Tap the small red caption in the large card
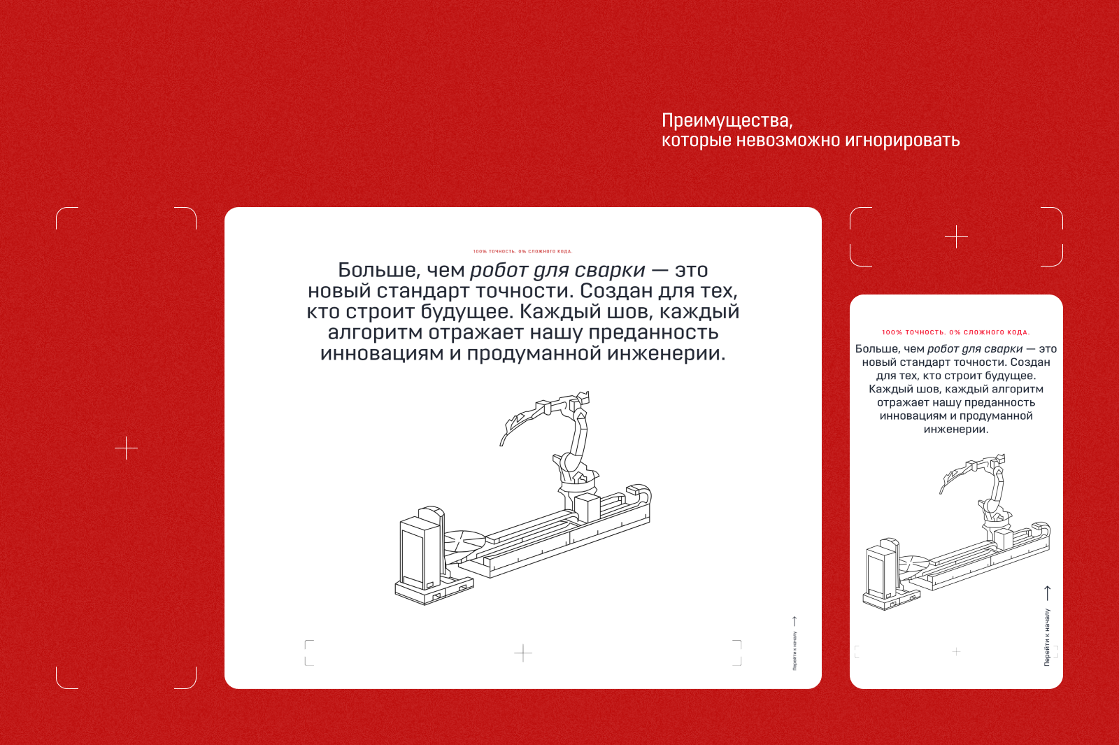(x=522, y=251)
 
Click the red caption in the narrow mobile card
(x=955, y=332)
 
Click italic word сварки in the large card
(x=610, y=270)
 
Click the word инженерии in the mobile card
(x=955, y=430)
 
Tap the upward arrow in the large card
(x=794, y=621)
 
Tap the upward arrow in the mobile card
(x=1047, y=593)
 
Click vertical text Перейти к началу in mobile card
(x=1047, y=637)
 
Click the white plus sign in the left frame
(x=126, y=448)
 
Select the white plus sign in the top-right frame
(x=956, y=237)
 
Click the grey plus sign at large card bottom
(x=523, y=653)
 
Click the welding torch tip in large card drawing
(x=501, y=442)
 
